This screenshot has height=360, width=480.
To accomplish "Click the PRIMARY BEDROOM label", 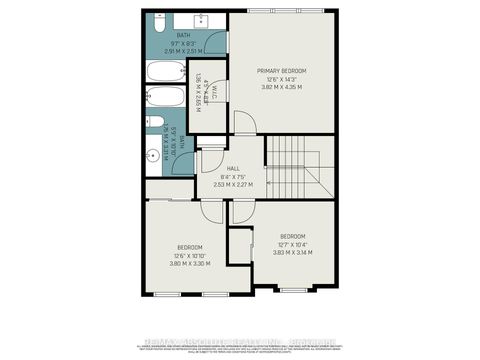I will [x=281, y=70].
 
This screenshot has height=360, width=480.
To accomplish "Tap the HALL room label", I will [x=233, y=169].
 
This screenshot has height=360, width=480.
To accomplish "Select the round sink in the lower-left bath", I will [x=153, y=155].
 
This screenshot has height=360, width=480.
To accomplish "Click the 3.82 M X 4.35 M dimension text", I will [x=281, y=87].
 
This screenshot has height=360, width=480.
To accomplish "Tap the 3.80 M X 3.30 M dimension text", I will [x=190, y=263].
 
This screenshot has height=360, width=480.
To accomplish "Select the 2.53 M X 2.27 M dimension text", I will [x=233, y=185].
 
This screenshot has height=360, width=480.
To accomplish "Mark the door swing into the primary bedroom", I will [x=245, y=122].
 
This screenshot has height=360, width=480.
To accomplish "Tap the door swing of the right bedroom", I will [x=243, y=212].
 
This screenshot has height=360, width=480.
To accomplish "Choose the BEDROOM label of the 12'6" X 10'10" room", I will [x=190, y=247].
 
